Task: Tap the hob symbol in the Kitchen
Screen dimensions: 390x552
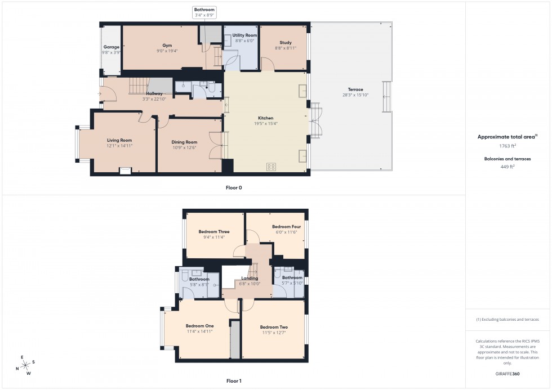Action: pyautogui.click(x=271, y=167)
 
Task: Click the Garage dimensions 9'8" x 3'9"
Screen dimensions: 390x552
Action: pyautogui.click(x=110, y=52)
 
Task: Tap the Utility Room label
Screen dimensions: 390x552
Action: pyautogui.click(x=244, y=35)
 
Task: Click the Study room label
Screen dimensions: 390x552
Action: pyautogui.click(x=286, y=43)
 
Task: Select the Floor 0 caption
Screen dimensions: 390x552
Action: pyautogui.click(x=234, y=187)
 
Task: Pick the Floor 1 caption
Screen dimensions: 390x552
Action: pyautogui.click(x=234, y=381)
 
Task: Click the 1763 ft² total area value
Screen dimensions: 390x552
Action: pyautogui.click(x=508, y=146)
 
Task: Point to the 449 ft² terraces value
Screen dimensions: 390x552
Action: pyautogui.click(x=508, y=167)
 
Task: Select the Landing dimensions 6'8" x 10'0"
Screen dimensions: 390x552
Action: pyautogui.click(x=250, y=284)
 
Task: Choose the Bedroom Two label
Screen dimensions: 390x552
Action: pyautogui.click(x=274, y=327)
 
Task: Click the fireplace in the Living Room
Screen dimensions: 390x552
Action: pyautogui.click(x=125, y=170)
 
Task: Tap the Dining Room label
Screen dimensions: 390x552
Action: pyautogui.click(x=184, y=142)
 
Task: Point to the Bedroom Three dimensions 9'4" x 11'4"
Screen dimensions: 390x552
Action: pyautogui.click(x=214, y=237)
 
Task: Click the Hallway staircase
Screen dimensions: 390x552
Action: pyautogui.click(x=139, y=86)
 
